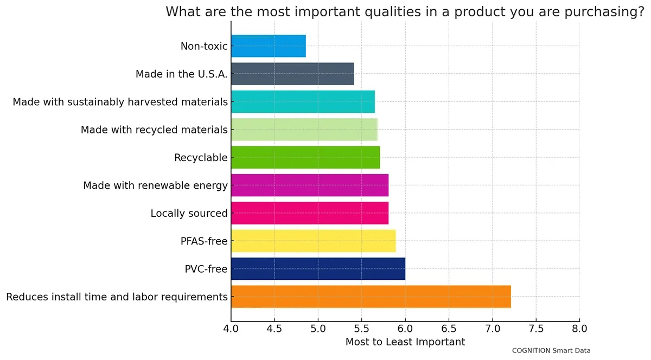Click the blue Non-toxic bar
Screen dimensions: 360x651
click(268, 46)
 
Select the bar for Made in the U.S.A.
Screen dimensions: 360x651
click(292, 74)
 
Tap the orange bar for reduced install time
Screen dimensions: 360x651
click(371, 297)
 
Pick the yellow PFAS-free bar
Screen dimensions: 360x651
click(313, 241)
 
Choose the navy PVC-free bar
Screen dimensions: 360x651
click(318, 269)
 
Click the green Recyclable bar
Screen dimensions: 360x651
click(305, 157)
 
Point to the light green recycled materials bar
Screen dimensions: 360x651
click(304, 130)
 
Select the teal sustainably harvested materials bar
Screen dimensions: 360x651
click(303, 102)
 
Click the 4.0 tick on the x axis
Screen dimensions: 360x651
click(231, 329)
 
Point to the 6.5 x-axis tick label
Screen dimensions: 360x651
click(449, 329)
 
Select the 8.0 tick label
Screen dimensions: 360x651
click(579, 329)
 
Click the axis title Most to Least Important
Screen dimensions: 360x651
click(405, 342)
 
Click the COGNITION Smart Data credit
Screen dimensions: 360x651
click(551, 351)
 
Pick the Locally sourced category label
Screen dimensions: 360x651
click(189, 214)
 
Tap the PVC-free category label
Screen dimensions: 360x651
click(206, 269)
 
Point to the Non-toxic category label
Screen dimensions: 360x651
click(204, 46)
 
